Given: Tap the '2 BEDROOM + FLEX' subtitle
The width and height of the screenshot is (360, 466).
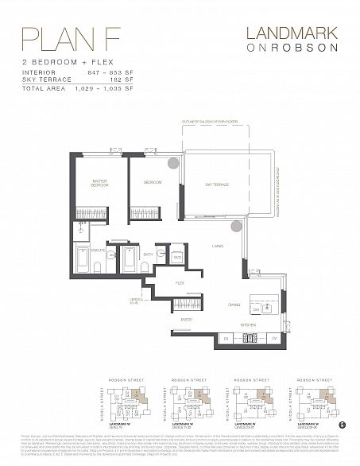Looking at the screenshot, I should [58, 60].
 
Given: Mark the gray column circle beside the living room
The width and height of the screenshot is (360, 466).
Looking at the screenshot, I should [235, 227].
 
